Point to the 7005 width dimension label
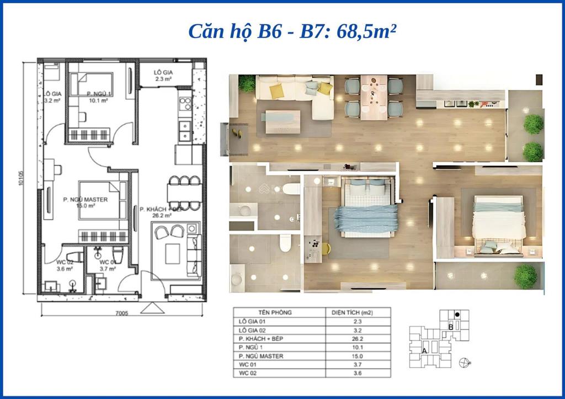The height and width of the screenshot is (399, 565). pos(121,314)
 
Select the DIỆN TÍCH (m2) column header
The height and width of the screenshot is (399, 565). pos(351,312)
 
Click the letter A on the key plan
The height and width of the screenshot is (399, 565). pos(424,350)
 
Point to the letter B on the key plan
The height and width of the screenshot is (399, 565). pos(451,326)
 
